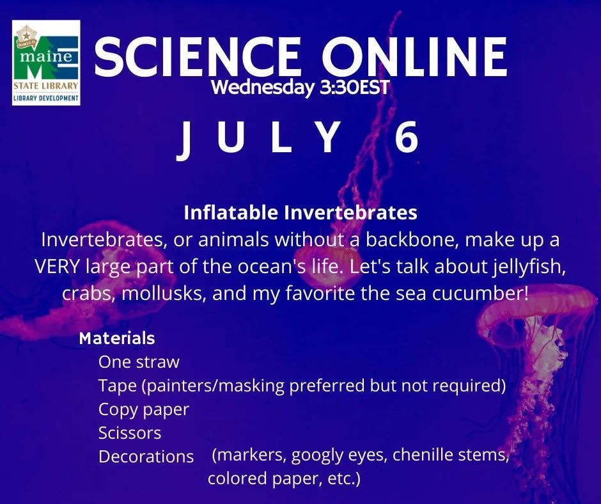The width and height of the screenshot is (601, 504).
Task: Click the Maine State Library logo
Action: [x=46, y=63]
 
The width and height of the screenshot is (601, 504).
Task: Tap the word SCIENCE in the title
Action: [x=197, y=56]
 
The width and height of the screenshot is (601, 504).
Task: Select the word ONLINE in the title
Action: [x=415, y=56]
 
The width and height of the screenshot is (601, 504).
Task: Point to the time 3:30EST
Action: [x=354, y=88]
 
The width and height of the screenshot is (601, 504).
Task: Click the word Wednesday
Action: [x=263, y=88]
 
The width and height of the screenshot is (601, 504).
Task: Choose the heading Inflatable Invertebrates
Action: [x=300, y=212]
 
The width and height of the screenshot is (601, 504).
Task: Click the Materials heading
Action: [x=117, y=338]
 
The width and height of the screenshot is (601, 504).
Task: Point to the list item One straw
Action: [x=139, y=362]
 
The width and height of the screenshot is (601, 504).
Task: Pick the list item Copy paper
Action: [x=144, y=409]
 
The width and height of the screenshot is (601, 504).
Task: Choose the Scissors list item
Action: [x=130, y=433]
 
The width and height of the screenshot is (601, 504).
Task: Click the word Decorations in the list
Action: [x=146, y=457]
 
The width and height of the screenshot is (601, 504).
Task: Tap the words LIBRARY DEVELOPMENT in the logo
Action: [x=46, y=98]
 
